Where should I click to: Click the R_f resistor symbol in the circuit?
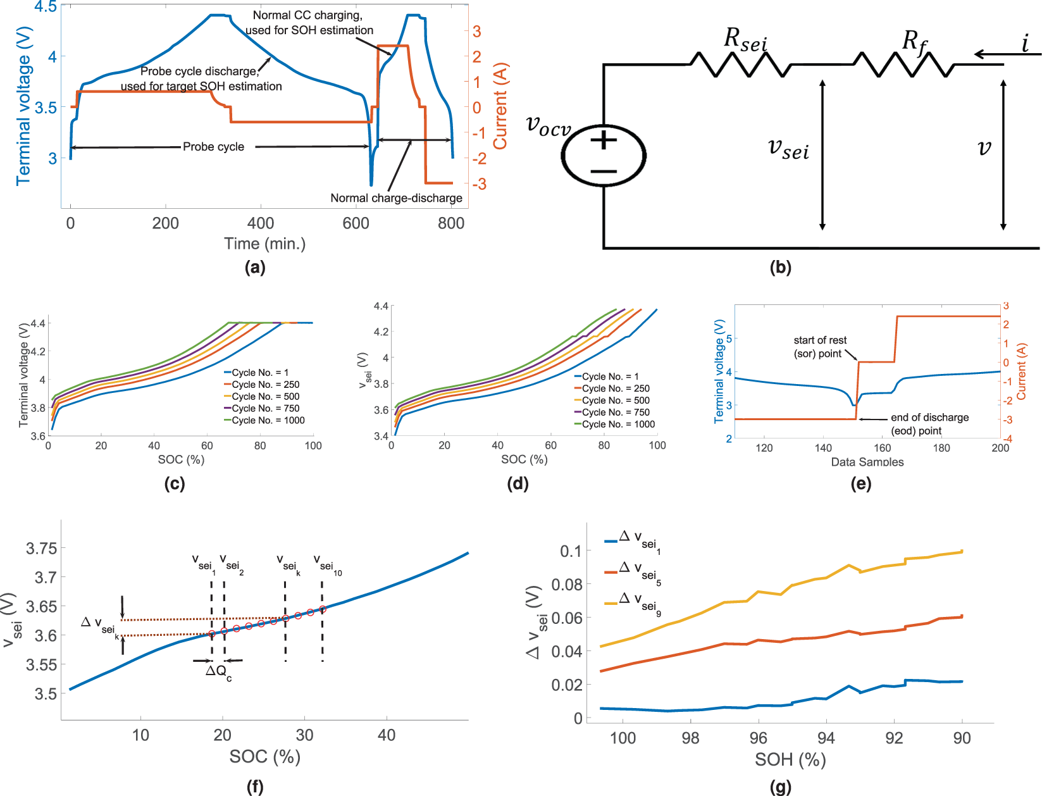[x=903, y=65]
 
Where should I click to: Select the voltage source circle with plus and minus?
[x=604, y=156]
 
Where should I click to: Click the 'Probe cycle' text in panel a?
[x=213, y=147]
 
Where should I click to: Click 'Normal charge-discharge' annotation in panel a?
[x=396, y=198]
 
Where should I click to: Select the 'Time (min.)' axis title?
[x=264, y=244]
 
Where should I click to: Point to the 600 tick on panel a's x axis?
[x=356, y=223]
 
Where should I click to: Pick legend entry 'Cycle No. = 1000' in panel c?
[x=268, y=420]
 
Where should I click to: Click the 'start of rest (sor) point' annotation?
[x=819, y=347]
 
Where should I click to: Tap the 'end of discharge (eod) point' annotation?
[x=929, y=424]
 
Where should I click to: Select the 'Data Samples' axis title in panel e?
[x=867, y=462]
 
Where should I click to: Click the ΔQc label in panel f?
[x=218, y=672]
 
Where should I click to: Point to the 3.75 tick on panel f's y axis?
[x=41, y=549]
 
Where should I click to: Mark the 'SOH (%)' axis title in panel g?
[x=790, y=759]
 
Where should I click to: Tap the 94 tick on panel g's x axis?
[x=826, y=738]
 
